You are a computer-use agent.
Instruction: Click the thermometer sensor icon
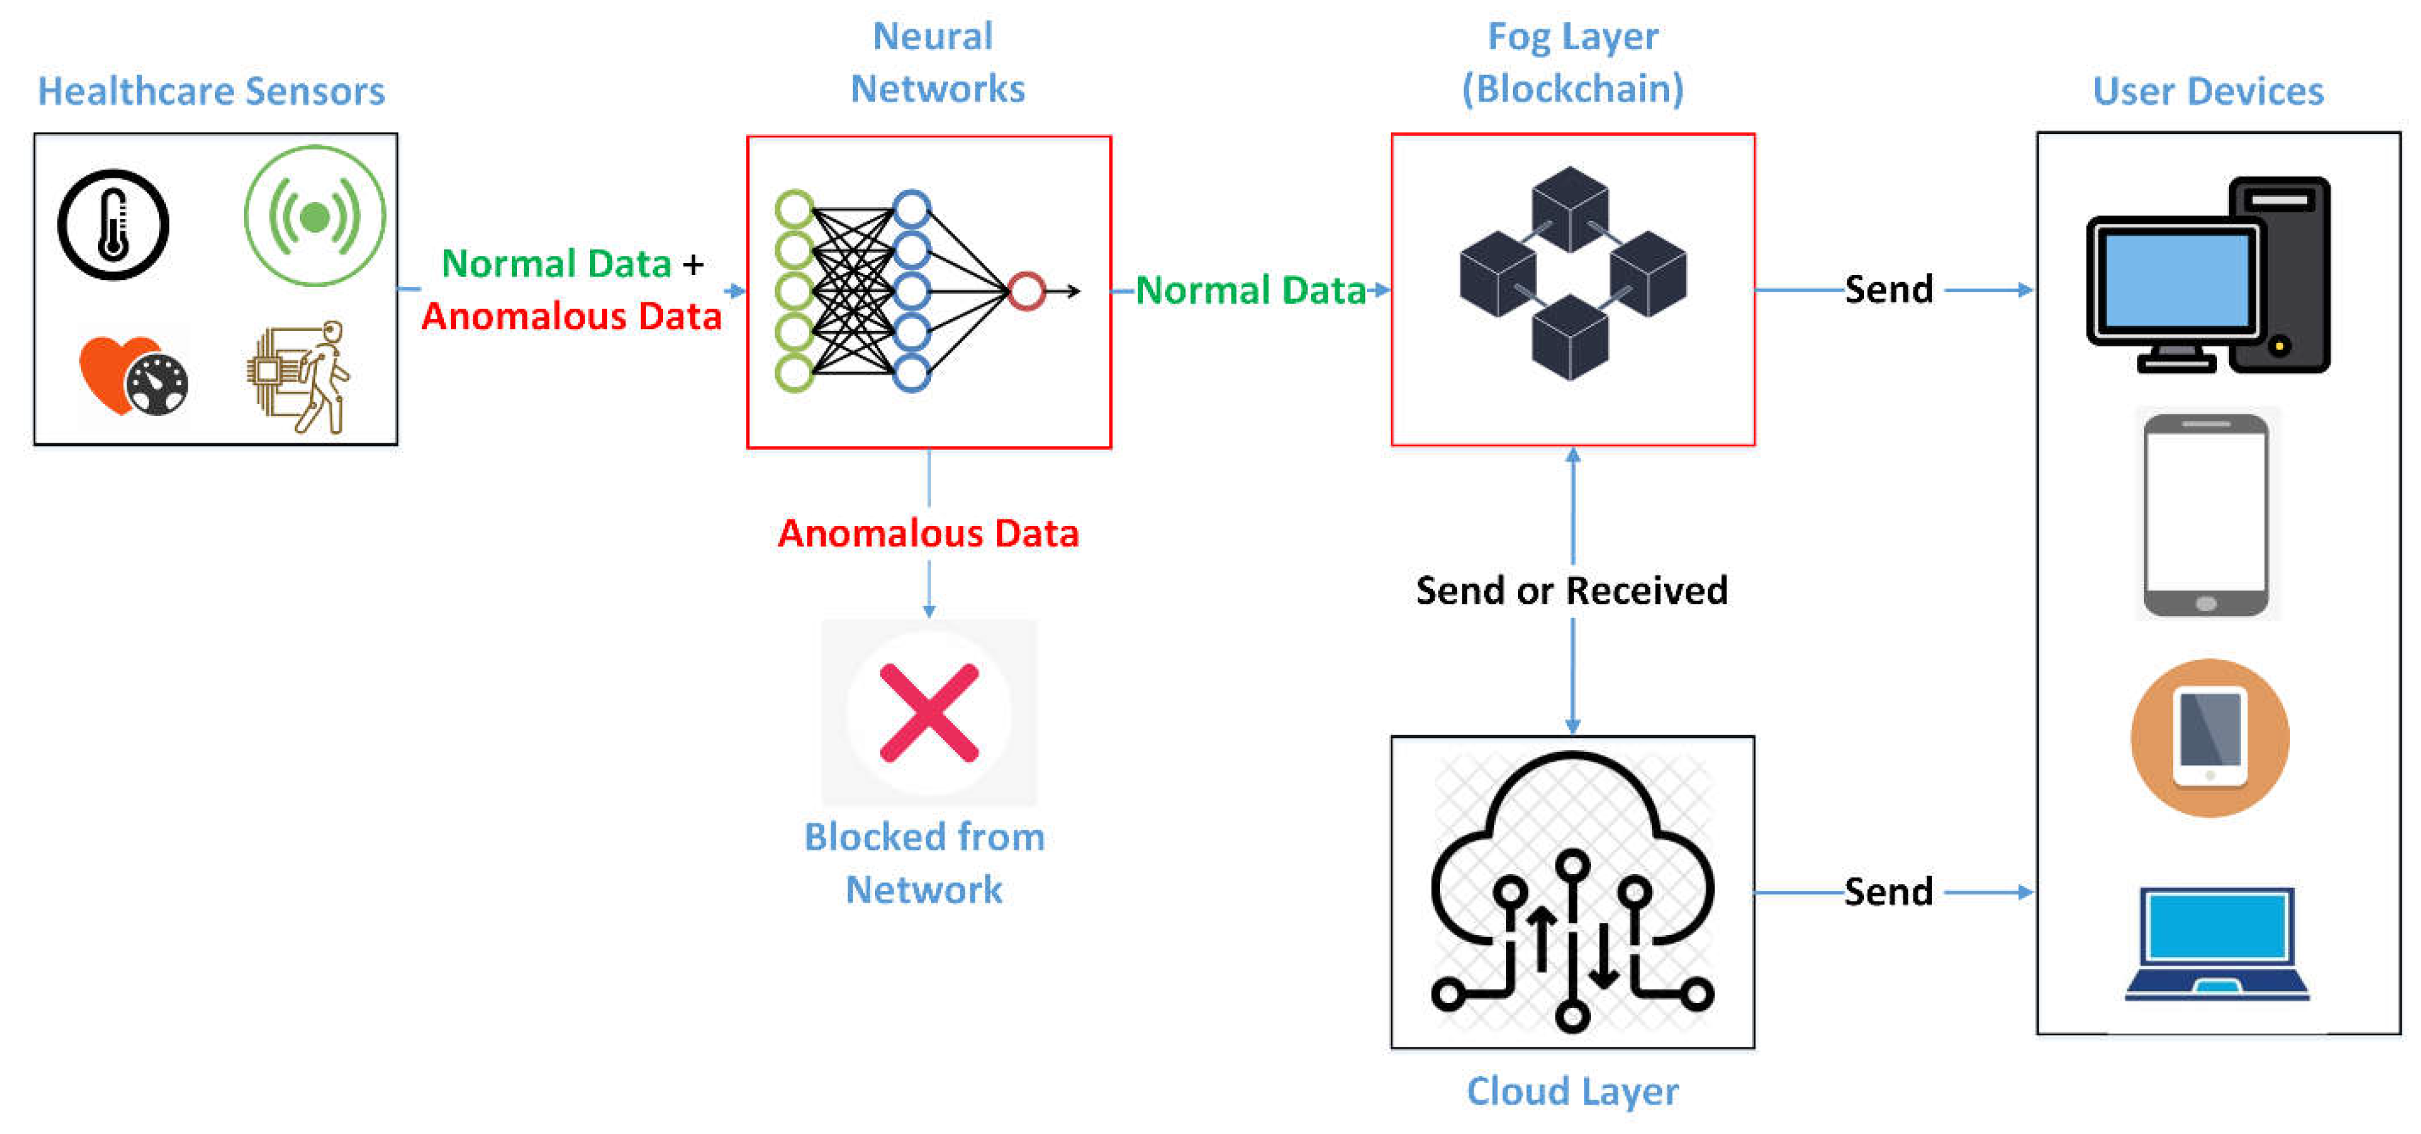pos(114,224)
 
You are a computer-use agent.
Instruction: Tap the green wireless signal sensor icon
pos(315,216)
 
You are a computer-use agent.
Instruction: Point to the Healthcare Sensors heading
pos(211,91)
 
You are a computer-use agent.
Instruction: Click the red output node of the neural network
pos(1027,291)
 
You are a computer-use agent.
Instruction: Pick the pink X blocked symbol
pos(929,712)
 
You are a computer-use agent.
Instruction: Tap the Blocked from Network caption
pos(925,862)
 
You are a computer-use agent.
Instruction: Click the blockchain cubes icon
pos(1572,274)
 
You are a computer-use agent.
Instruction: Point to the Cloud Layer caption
pos(1572,1091)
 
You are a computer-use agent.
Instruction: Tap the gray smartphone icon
pos(2206,515)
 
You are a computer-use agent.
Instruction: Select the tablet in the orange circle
pos(2210,738)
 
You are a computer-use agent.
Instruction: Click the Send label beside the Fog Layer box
pos(1888,289)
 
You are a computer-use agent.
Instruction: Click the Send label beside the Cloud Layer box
pos(1888,891)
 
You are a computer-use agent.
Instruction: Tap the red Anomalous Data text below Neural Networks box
pos(929,534)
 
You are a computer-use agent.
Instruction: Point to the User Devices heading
pos(2208,91)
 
